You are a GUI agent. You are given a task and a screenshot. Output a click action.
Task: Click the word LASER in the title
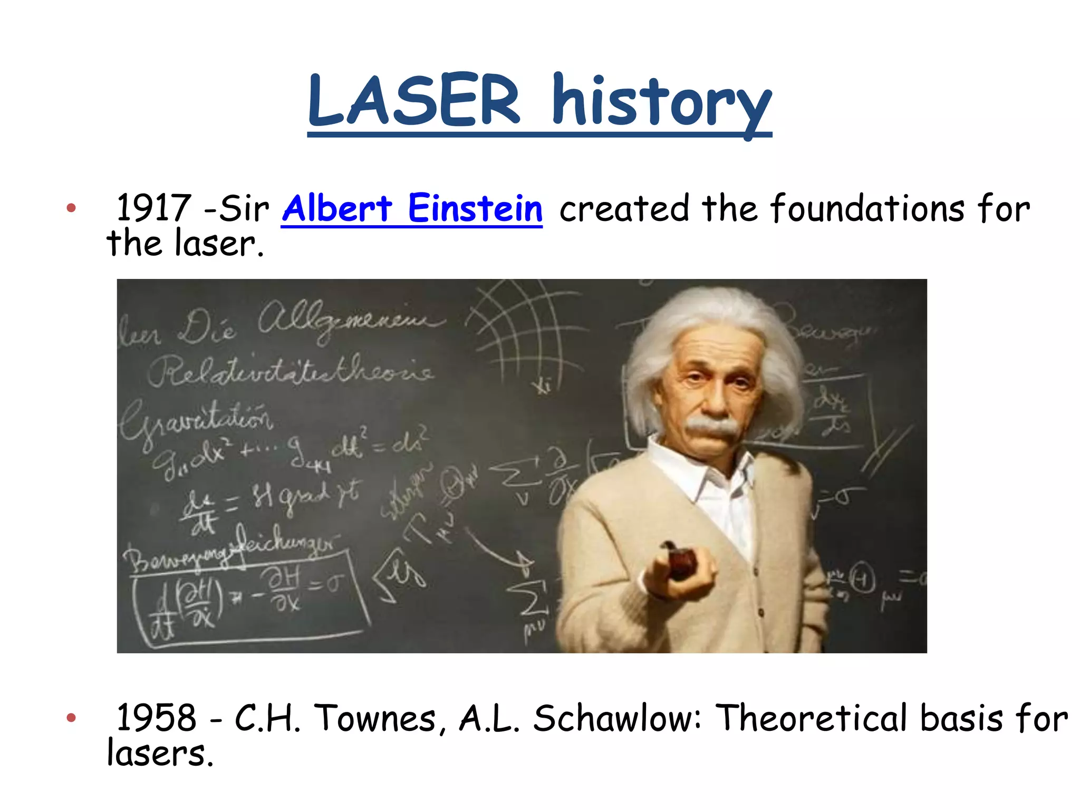click(x=414, y=100)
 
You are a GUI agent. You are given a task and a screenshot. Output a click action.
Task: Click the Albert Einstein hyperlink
click(x=412, y=208)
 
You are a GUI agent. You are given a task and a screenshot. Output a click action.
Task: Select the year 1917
click(x=153, y=208)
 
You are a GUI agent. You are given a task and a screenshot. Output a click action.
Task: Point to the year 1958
click(x=156, y=718)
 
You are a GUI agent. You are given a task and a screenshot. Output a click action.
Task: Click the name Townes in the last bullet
click(x=376, y=718)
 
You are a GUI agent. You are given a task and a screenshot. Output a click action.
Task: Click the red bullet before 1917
click(x=71, y=208)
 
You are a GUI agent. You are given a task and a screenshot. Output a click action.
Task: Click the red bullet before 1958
click(x=71, y=718)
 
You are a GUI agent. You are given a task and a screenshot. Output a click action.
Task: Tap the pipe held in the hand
click(x=680, y=562)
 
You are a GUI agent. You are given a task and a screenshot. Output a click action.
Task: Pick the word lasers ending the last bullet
click(x=160, y=753)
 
